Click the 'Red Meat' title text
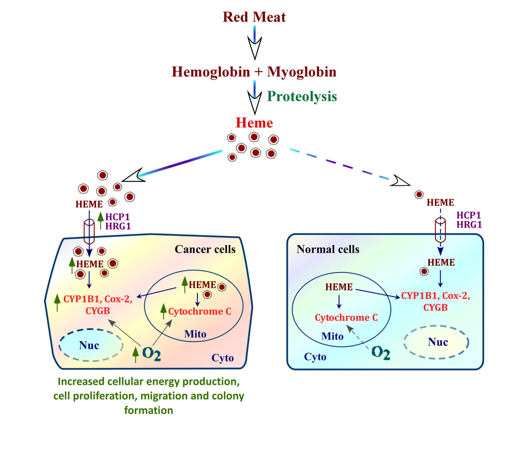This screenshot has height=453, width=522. pos(254,17)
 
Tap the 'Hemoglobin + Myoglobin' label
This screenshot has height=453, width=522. pos(254,71)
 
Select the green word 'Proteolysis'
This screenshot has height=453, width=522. pos(302,96)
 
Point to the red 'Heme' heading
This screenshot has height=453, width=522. pos(254,123)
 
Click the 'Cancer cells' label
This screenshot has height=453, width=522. pos(205,249)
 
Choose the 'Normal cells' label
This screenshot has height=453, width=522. pos(328,249)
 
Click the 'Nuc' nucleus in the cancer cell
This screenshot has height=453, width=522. pos(89,346)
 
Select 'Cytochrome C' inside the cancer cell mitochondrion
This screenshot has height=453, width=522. pos(196,311)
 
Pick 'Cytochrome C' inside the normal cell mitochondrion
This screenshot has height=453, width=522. pos(346,317)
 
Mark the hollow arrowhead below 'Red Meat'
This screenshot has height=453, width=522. pos(254,50)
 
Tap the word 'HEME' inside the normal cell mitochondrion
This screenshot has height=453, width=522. pos(339,287)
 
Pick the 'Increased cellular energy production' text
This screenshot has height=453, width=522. pos(148,381)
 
